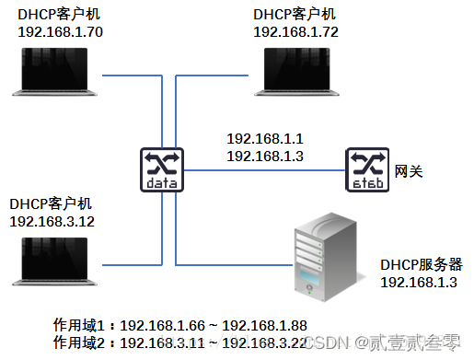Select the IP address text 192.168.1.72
click(295, 31)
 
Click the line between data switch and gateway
click(263, 169)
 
